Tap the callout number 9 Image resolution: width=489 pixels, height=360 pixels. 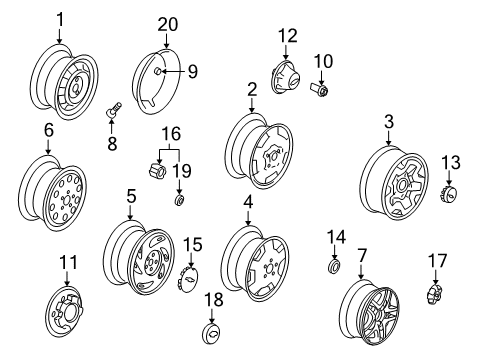pos(191,70)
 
